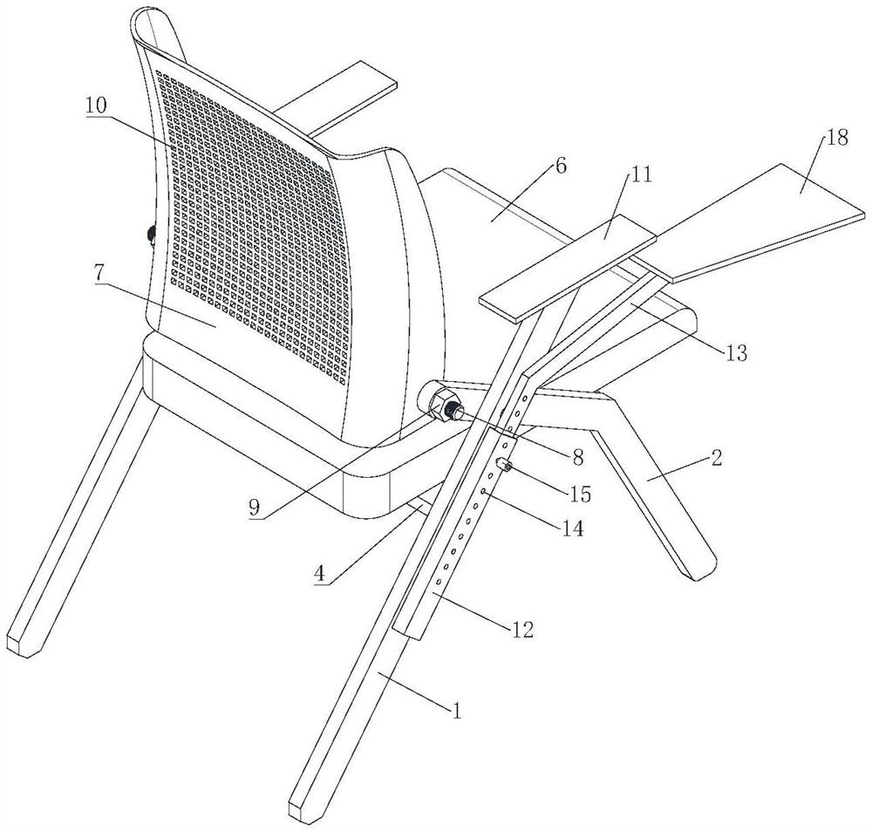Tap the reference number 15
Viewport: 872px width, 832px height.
[x=580, y=494]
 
